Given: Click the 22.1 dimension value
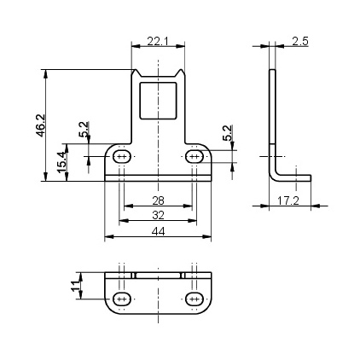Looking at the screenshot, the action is (158, 42).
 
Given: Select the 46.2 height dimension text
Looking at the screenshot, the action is (40, 125).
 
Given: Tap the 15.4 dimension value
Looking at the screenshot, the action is (61, 162).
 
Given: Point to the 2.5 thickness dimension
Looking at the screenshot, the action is (300, 42).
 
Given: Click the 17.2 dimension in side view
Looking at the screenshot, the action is (288, 200).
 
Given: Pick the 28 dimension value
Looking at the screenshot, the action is (158, 200).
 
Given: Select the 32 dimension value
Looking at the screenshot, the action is (158, 215).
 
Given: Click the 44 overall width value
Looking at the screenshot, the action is (158, 231).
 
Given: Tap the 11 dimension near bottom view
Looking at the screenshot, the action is (75, 286).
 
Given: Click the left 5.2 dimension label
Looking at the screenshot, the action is (84, 130).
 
